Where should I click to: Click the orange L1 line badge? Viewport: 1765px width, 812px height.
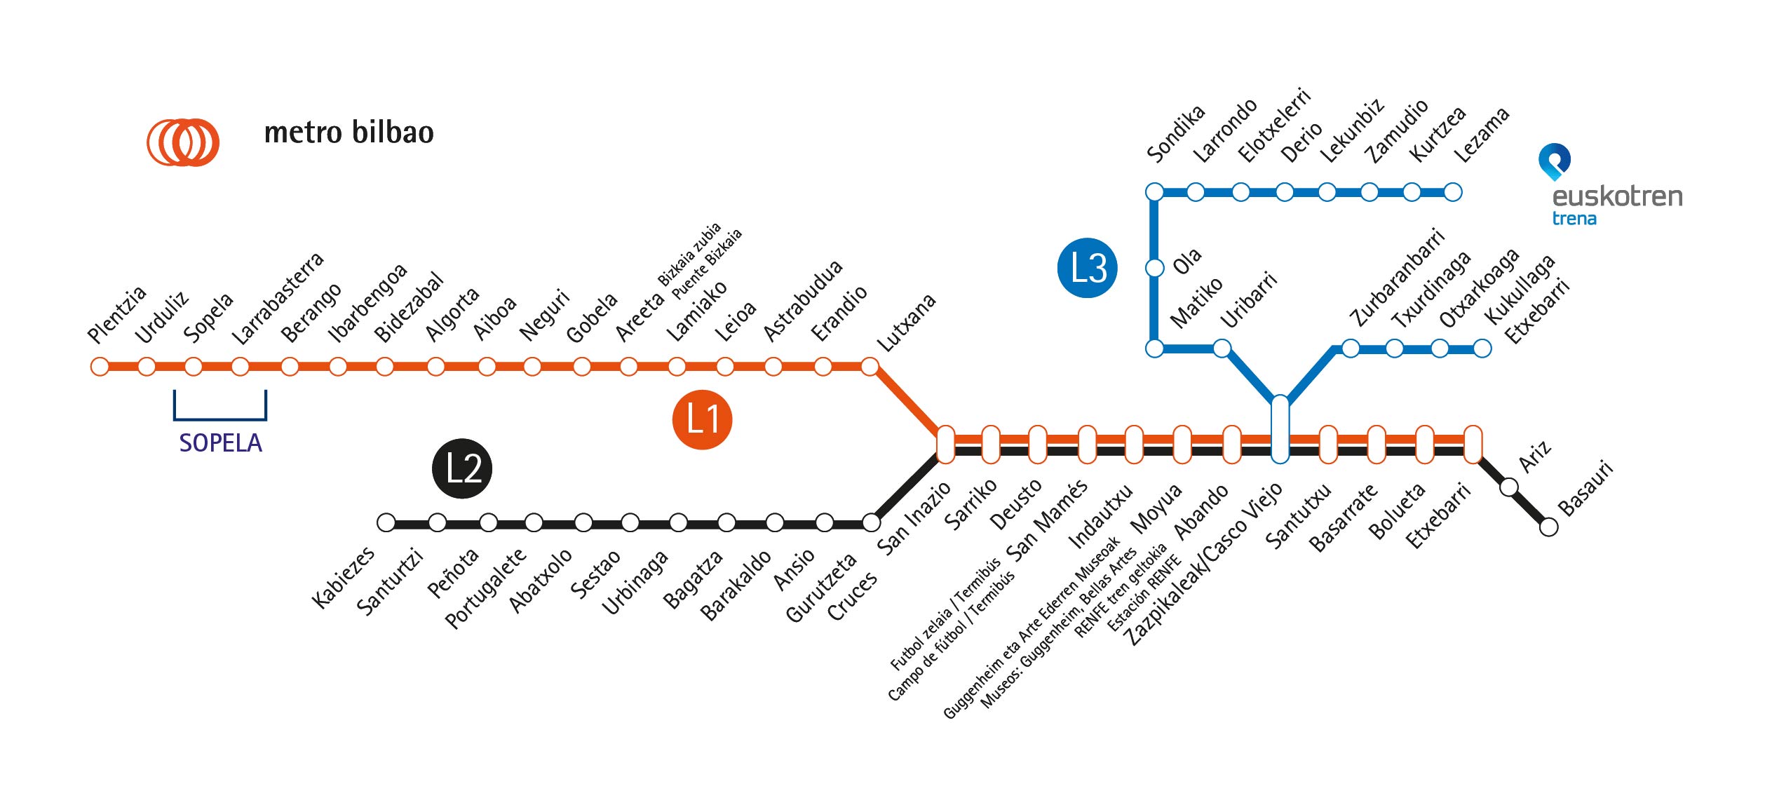702,419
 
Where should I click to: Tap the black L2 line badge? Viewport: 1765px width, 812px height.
462,468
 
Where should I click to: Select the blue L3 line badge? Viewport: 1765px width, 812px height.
1087,268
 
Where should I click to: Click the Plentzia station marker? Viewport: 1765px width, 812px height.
100,367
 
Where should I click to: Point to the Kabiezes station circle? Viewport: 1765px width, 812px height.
386,522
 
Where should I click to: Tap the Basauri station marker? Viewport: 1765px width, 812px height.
1549,527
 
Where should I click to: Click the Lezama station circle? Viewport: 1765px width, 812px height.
1453,191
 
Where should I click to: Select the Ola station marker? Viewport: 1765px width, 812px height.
1154,268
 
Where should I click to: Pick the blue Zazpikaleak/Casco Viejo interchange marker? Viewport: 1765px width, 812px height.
1280,429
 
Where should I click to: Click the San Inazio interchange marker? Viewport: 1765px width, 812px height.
945,445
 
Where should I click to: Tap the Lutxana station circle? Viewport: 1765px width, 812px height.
870,367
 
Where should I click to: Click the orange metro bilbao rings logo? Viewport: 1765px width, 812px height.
183,142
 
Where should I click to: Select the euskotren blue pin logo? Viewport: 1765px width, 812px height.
1554,161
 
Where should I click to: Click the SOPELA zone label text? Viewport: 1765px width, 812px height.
220,443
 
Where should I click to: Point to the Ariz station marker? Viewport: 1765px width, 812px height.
1509,487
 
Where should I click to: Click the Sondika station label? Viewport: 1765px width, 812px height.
1175,133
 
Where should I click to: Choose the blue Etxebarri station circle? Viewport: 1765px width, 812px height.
1482,349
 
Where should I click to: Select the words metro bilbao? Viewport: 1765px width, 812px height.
349,133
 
